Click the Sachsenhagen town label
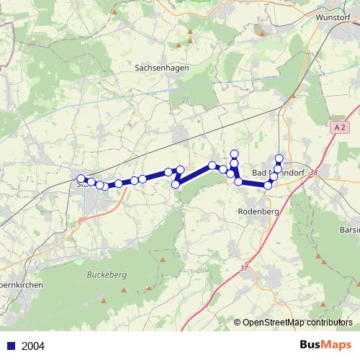(x=156, y=67)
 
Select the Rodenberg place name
(x=257, y=212)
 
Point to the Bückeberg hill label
(x=106, y=274)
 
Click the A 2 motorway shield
(x=341, y=127)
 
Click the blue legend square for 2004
(x=10, y=346)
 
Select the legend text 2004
(x=33, y=346)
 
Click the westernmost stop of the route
(x=81, y=179)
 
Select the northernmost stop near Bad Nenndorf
(x=279, y=158)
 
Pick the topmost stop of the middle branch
(x=234, y=153)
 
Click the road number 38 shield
(x=313, y=171)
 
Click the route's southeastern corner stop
(x=268, y=185)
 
